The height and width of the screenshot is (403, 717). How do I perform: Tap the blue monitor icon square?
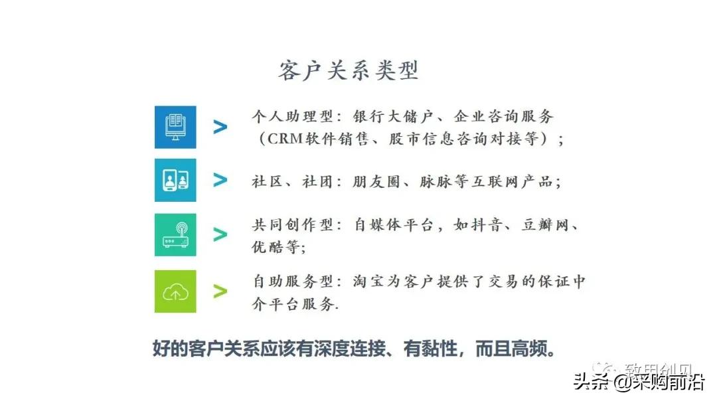[175, 127]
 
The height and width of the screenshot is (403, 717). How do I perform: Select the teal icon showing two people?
[175, 180]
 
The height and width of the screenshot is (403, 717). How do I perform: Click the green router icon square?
[175, 234]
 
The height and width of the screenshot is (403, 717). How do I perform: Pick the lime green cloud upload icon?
[175, 291]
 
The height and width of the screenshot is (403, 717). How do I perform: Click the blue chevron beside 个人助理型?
[220, 127]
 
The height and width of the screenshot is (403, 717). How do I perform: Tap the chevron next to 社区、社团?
[220, 180]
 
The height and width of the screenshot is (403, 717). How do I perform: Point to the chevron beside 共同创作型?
[220, 234]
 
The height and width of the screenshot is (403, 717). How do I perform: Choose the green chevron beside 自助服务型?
[220, 291]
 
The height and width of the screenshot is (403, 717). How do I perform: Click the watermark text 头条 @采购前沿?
[639, 384]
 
